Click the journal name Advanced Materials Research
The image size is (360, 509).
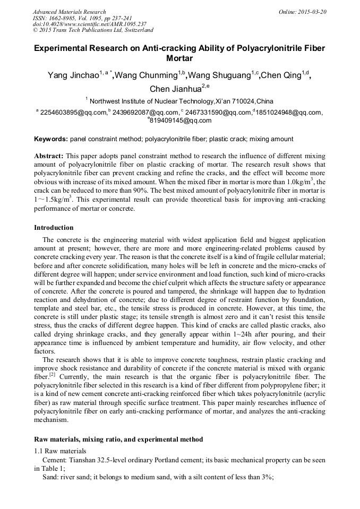(x=69, y=12)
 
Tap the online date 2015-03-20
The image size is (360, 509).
(x=314, y=12)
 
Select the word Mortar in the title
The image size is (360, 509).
(x=179, y=58)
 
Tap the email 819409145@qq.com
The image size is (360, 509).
(x=181, y=120)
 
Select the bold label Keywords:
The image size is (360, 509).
(x=51, y=139)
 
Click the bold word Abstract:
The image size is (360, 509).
(x=49, y=157)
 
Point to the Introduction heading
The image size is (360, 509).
(x=54, y=228)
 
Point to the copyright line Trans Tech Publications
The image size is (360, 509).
(x=93, y=30)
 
